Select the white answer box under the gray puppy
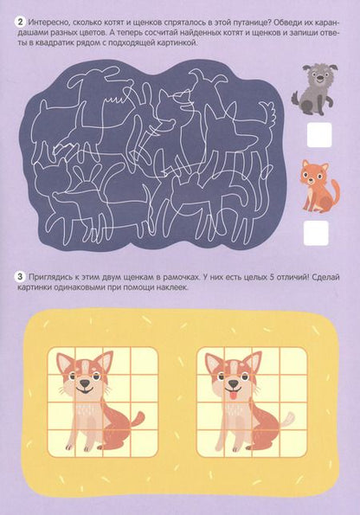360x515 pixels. point(318,134)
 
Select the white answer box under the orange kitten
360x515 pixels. point(318,232)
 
